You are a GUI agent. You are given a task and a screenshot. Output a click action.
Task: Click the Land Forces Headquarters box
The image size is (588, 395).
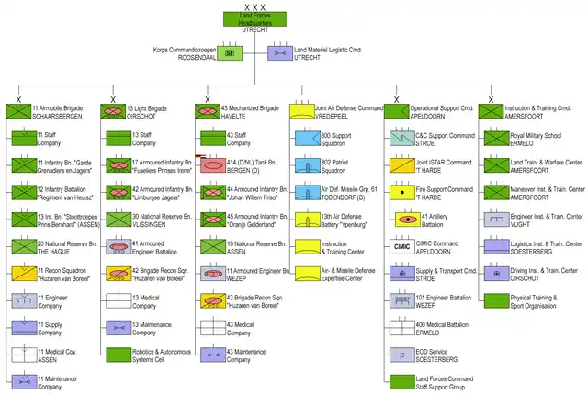click(x=253, y=19)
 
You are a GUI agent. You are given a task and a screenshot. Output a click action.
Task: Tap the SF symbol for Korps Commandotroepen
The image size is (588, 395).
click(x=232, y=53)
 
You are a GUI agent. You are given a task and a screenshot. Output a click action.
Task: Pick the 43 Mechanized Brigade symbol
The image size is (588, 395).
click(x=208, y=112)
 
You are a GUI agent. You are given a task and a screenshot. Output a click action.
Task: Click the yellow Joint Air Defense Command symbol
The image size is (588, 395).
click(x=302, y=112)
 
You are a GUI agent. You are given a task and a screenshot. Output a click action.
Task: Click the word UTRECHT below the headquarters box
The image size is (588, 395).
click(x=254, y=31)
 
